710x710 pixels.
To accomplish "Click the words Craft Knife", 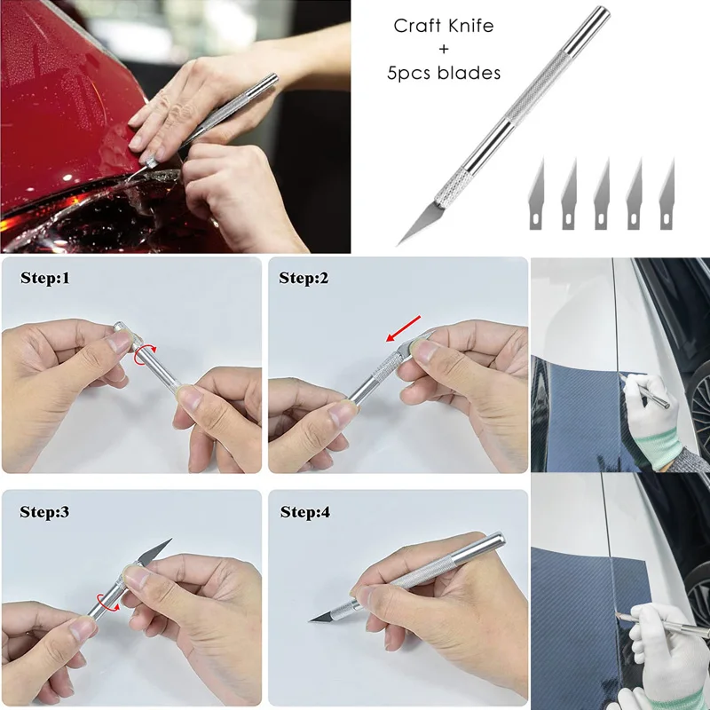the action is click(x=443, y=26).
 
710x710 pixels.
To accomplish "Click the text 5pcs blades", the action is click(x=443, y=74).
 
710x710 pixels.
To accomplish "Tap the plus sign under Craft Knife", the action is click(x=443, y=50).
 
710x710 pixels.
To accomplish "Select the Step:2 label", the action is click(x=304, y=278).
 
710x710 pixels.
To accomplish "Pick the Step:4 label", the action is click(x=304, y=512).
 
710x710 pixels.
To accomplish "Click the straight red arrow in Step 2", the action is click(x=404, y=328).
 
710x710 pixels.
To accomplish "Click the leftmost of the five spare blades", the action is click(x=538, y=192).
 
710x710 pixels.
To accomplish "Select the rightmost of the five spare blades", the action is click(x=667, y=192).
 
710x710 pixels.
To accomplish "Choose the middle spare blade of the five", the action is click(x=602, y=192).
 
